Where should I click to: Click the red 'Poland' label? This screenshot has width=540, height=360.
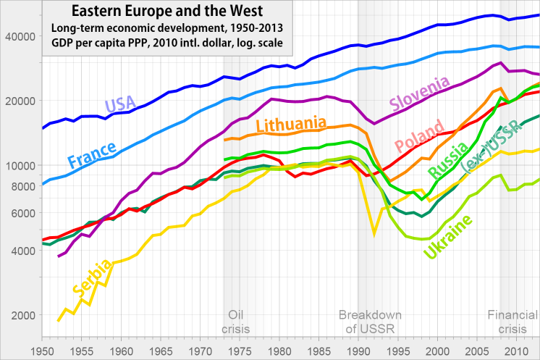419,139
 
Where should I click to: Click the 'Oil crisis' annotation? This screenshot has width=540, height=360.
235,322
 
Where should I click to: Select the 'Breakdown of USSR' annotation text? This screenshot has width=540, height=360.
370,322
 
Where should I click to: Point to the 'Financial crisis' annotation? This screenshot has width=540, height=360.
512,322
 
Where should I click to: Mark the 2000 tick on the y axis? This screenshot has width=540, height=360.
22,315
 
